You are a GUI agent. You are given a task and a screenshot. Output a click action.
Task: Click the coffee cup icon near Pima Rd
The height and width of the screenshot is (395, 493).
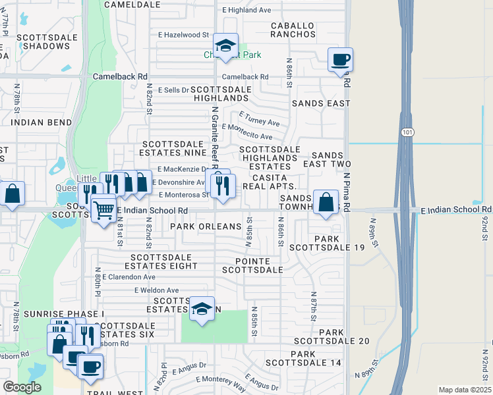340,60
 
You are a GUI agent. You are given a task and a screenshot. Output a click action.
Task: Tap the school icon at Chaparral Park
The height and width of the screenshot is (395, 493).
226,46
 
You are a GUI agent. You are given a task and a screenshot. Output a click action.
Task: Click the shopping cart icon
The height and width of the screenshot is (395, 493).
103,210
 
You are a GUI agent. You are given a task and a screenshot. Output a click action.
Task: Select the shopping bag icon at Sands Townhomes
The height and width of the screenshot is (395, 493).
326,202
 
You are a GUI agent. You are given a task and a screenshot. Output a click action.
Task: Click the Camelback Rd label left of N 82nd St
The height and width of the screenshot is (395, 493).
124,76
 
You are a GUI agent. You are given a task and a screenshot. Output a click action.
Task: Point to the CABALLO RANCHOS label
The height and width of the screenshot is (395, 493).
293,30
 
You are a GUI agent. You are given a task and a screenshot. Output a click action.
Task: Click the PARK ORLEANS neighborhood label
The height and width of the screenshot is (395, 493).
206,226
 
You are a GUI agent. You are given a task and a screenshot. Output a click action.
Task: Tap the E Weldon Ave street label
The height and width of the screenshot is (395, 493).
156,290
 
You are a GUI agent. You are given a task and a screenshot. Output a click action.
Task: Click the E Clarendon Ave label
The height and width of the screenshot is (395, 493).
129,277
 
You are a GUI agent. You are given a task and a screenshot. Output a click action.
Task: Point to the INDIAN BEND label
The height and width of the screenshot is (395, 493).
41,122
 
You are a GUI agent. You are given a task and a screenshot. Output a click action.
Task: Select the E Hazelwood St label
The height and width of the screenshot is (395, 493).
183,34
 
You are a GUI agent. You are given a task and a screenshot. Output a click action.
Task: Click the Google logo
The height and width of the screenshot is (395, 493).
22,387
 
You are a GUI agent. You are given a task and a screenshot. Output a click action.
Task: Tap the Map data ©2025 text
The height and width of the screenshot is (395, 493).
465,390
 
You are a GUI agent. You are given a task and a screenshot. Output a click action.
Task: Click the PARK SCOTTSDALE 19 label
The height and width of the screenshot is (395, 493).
339,243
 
